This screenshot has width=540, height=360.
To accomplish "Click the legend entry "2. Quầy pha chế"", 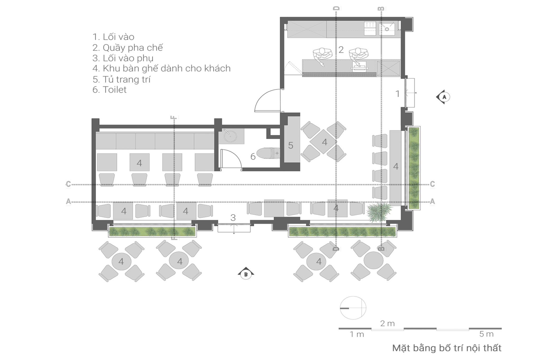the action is click(x=128, y=48).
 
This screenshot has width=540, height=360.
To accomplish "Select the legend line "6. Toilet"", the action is click(x=109, y=90).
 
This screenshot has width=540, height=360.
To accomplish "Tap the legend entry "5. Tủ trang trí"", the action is click(x=122, y=79).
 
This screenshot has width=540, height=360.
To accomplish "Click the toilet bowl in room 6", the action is click(x=268, y=153).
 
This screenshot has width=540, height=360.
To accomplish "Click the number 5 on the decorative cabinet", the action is click(x=291, y=145).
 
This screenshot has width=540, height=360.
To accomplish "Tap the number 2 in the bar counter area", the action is click(x=341, y=50).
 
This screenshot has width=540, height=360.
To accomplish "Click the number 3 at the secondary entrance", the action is click(x=233, y=218).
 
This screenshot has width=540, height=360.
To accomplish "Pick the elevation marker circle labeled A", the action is click(x=444, y=97).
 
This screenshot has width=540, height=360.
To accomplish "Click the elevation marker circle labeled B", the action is click(x=246, y=275).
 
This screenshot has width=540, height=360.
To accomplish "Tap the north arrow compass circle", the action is click(x=353, y=308).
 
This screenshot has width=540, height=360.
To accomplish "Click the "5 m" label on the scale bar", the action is click(x=486, y=334).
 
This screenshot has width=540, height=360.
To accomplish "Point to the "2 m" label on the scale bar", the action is click(x=387, y=323).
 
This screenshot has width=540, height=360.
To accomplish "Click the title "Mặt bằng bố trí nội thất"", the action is click(x=447, y=348).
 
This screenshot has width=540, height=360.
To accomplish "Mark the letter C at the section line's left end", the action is click(x=68, y=184).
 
